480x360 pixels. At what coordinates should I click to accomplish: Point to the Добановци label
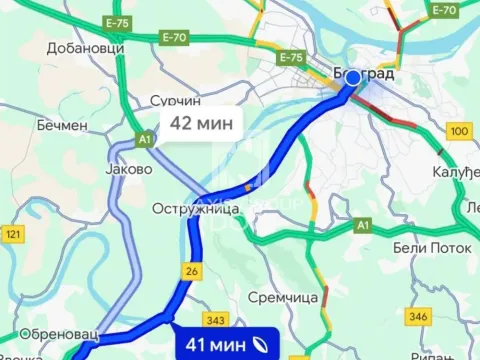tap(85, 47)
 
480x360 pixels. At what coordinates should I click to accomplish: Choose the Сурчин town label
tap(175, 102)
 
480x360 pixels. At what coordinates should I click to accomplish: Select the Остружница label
tap(186, 209)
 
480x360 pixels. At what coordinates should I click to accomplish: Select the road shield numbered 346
tap(416, 315)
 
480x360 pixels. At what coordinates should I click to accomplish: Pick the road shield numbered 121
tap(13, 234)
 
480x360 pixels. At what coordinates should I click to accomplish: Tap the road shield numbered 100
tap(460, 131)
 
